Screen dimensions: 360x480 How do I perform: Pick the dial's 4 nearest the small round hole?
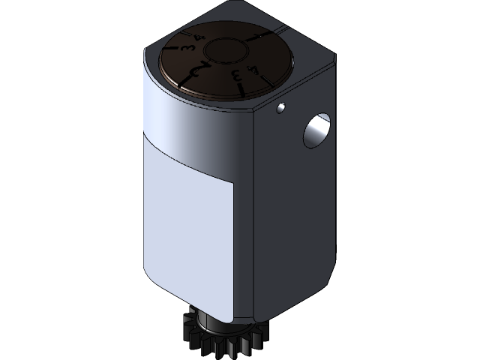[x=254, y=71]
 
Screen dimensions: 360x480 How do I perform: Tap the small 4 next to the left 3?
[x=199, y=37]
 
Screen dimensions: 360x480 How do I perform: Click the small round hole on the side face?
[x=281, y=108]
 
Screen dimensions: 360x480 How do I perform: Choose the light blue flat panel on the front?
[x=191, y=232]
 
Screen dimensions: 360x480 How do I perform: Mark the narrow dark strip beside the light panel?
[x=245, y=247]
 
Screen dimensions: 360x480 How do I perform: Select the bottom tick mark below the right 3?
[x=241, y=89]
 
